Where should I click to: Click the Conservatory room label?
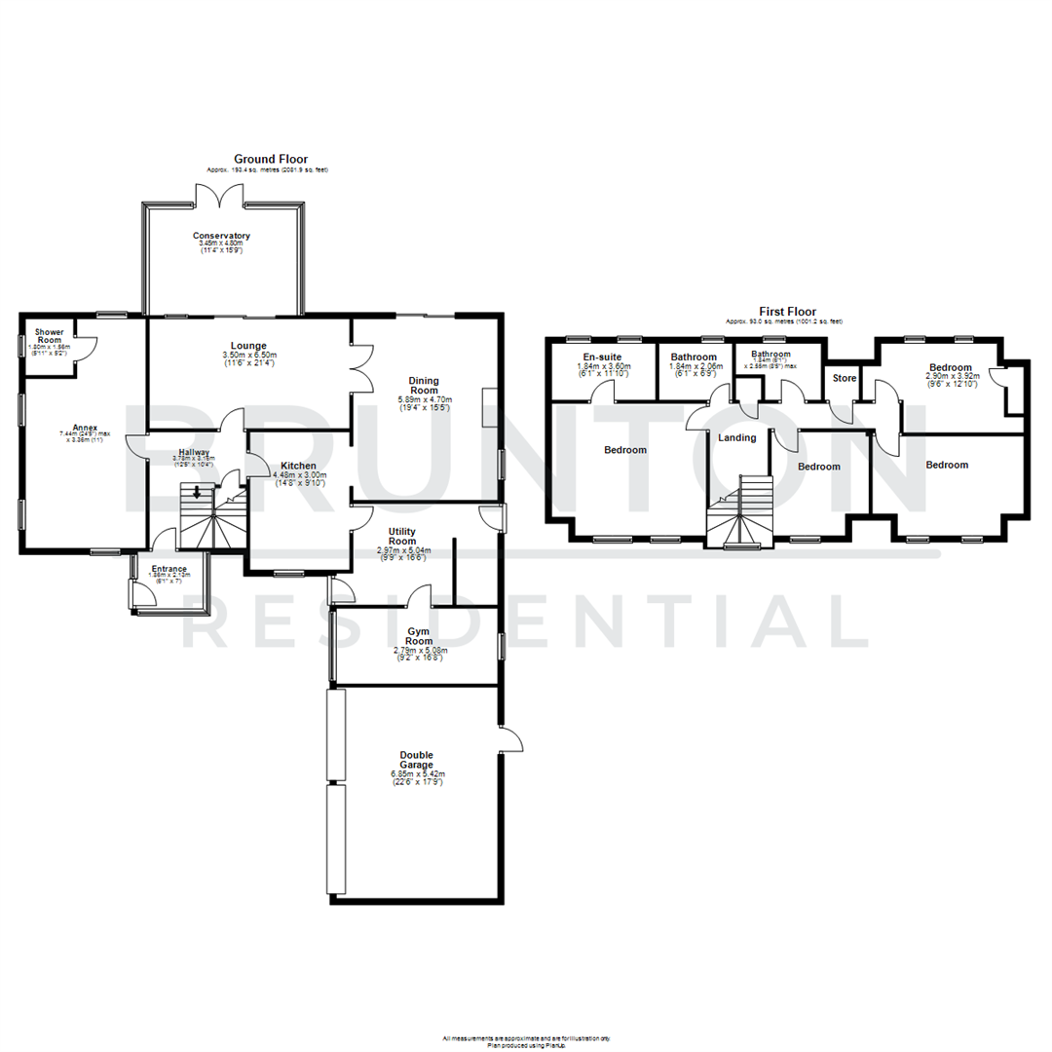[221, 236]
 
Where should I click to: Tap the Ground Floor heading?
[270, 158]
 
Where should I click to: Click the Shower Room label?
[49, 336]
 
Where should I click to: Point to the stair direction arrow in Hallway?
[197, 492]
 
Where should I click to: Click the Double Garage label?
[416, 761]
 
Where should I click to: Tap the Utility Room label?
[402, 535]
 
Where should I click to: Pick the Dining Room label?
[424, 385]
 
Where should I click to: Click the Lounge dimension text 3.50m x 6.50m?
[248, 356]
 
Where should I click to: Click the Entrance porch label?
[169, 568]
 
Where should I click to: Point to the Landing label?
[736, 437]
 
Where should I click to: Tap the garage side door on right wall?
[510, 742]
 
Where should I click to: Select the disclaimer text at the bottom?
[526, 1040]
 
